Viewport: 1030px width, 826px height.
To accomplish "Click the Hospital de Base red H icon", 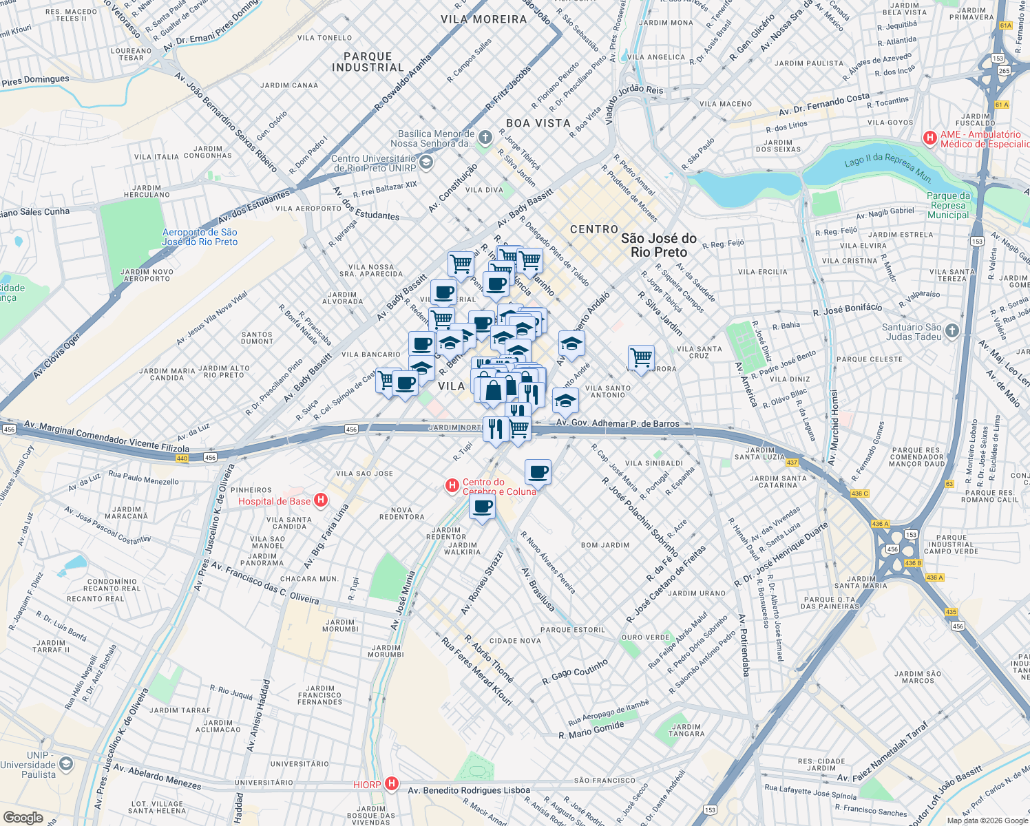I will pos(320,500).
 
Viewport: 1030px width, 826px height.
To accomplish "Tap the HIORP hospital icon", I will pos(392,784).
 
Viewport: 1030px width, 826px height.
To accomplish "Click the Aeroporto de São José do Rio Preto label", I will pos(200,237).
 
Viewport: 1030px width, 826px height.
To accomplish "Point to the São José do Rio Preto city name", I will pos(658,245).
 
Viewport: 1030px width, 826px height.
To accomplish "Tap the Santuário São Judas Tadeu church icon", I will pos(952,331).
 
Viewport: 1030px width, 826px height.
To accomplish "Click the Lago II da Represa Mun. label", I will pos(887,167).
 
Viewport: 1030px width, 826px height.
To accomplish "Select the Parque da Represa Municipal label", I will pos(948,205).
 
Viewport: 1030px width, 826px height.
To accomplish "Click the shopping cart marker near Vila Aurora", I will pos(641,357).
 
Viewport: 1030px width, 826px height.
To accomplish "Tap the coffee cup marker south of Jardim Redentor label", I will pos(483,507).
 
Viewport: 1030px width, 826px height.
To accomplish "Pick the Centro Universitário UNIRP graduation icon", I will pos(425,162).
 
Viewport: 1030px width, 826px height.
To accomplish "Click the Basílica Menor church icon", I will pos(485,138).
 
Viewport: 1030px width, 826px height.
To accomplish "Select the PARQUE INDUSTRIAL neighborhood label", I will pos(368,62).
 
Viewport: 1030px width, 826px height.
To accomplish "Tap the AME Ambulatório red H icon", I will pos(930,138).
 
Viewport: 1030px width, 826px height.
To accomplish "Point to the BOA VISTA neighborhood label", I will pos(538,123).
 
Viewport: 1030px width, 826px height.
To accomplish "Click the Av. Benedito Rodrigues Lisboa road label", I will pos(469,790).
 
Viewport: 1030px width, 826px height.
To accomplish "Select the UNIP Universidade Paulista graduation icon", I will pos(65,764).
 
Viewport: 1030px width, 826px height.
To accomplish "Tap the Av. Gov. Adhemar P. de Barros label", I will pos(618,423).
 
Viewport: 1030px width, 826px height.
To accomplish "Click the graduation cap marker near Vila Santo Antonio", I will pos(565,400).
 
